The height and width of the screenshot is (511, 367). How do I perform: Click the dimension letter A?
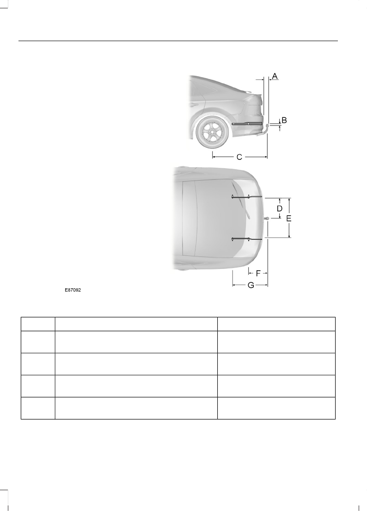(275, 76)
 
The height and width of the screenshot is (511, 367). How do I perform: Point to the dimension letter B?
(284, 120)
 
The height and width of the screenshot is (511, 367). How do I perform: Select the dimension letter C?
(239, 157)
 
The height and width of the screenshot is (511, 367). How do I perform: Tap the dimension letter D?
(280, 208)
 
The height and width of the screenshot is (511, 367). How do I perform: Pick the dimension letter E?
(289, 218)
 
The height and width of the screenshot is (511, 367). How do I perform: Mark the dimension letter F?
(258, 273)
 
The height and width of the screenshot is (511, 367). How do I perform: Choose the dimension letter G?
(251, 285)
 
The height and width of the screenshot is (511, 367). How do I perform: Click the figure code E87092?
(73, 290)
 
